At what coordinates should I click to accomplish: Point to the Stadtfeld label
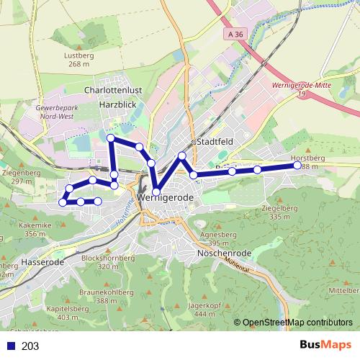(214, 142)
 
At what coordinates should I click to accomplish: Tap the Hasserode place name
(44, 262)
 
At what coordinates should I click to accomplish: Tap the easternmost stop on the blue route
(297, 166)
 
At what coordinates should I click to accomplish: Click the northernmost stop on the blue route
(110, 138)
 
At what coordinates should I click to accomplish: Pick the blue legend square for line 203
(9, 346)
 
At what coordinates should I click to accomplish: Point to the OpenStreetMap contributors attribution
(297, 323)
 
